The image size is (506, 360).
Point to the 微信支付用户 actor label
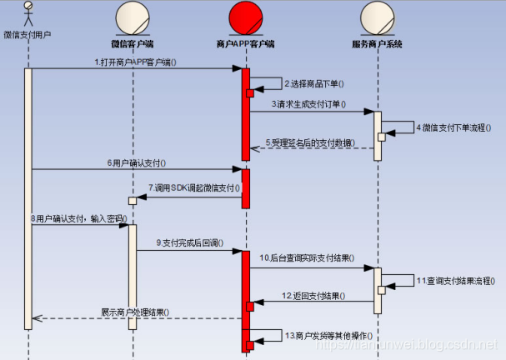(28, 35)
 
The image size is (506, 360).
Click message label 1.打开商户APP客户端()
(135, 62)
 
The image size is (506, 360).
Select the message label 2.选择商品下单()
(316, 84)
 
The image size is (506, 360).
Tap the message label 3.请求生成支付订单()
(308, 105)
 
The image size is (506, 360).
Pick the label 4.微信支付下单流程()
(454, 128)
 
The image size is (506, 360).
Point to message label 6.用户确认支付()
(137, 162)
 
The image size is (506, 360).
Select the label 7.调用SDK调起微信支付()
(188, 187)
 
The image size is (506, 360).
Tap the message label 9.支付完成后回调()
(188, 242)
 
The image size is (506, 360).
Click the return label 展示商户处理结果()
(135, 312)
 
